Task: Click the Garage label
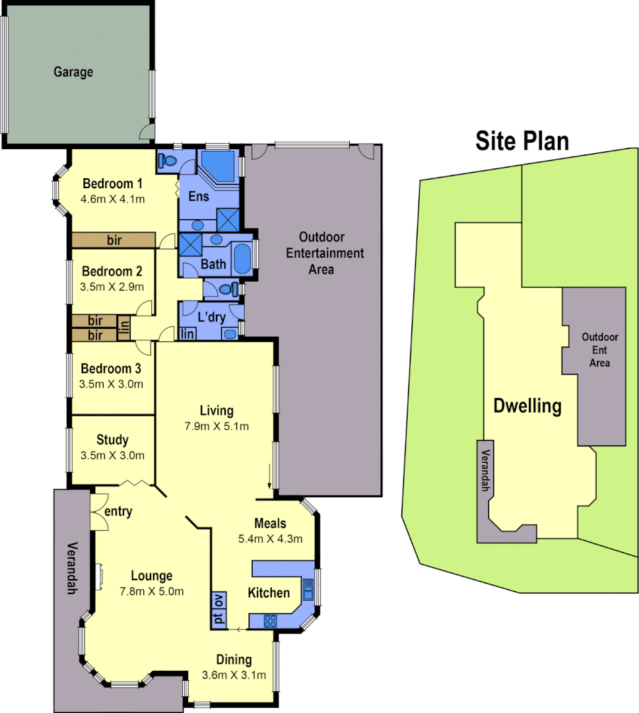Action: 73,72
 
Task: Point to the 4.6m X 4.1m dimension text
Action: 113,198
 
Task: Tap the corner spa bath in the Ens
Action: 219,165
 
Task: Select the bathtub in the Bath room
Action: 242,258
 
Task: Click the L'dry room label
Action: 211,318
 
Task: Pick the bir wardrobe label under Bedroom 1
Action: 114,240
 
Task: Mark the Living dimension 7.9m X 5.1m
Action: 217,426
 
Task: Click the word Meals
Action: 270,524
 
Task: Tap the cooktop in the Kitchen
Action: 270,620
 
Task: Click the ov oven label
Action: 219,601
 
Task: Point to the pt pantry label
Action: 219,620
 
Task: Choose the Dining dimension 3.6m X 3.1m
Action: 234,675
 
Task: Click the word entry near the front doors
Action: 119,511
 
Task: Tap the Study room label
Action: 112,440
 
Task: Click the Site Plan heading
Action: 522,141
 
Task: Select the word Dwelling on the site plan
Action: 527,406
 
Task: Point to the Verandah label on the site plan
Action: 485,471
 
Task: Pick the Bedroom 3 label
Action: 112,368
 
